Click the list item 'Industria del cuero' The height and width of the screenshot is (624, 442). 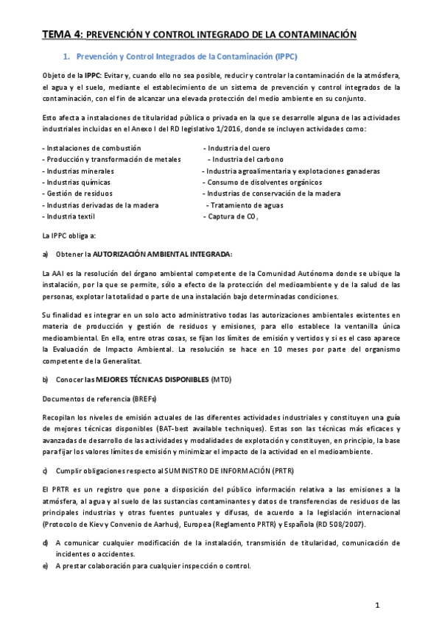coord(236,148)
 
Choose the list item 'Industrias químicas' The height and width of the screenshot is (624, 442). coord(77,182)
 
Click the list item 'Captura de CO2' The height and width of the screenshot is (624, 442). coord(231,217)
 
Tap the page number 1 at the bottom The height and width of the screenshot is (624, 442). coord(377,606)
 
